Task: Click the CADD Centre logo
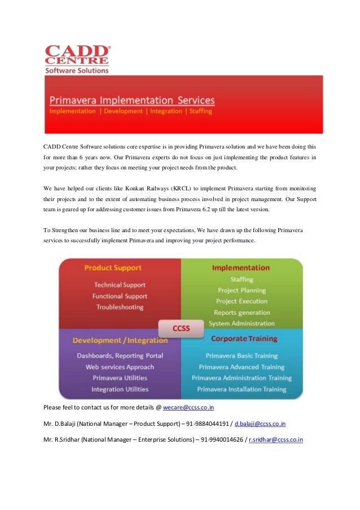coord(77,59)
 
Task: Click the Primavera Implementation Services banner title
coord(132,100)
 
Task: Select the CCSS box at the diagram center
coord(181,328)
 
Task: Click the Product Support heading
coord(113,268)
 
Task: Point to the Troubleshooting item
coord(120,307)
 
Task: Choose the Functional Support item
coord(120,296)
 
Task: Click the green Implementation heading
coord(241,268)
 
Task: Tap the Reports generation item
coord(242,312)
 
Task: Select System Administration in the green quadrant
coord(242,324)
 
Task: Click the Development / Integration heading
coord(120,341)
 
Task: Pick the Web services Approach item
coord(120,367)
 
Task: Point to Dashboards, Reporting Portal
coord(120,356)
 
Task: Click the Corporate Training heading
coord(244,339)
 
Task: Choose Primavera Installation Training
coord(242,389)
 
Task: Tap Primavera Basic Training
coord(242,356)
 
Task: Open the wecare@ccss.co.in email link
coord(188,407)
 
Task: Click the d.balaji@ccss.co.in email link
coord(260,423)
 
